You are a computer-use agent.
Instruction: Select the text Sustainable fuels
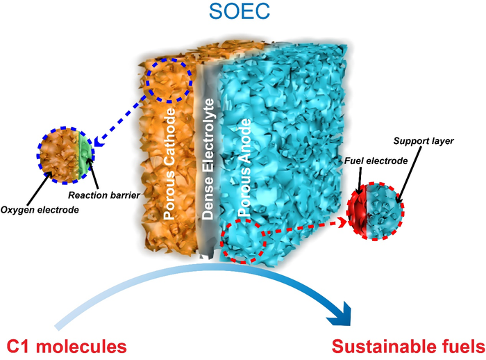tap(407, 345)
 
